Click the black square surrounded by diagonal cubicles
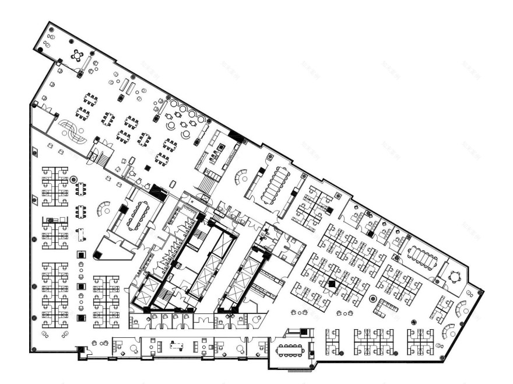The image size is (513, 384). point(332,284)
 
